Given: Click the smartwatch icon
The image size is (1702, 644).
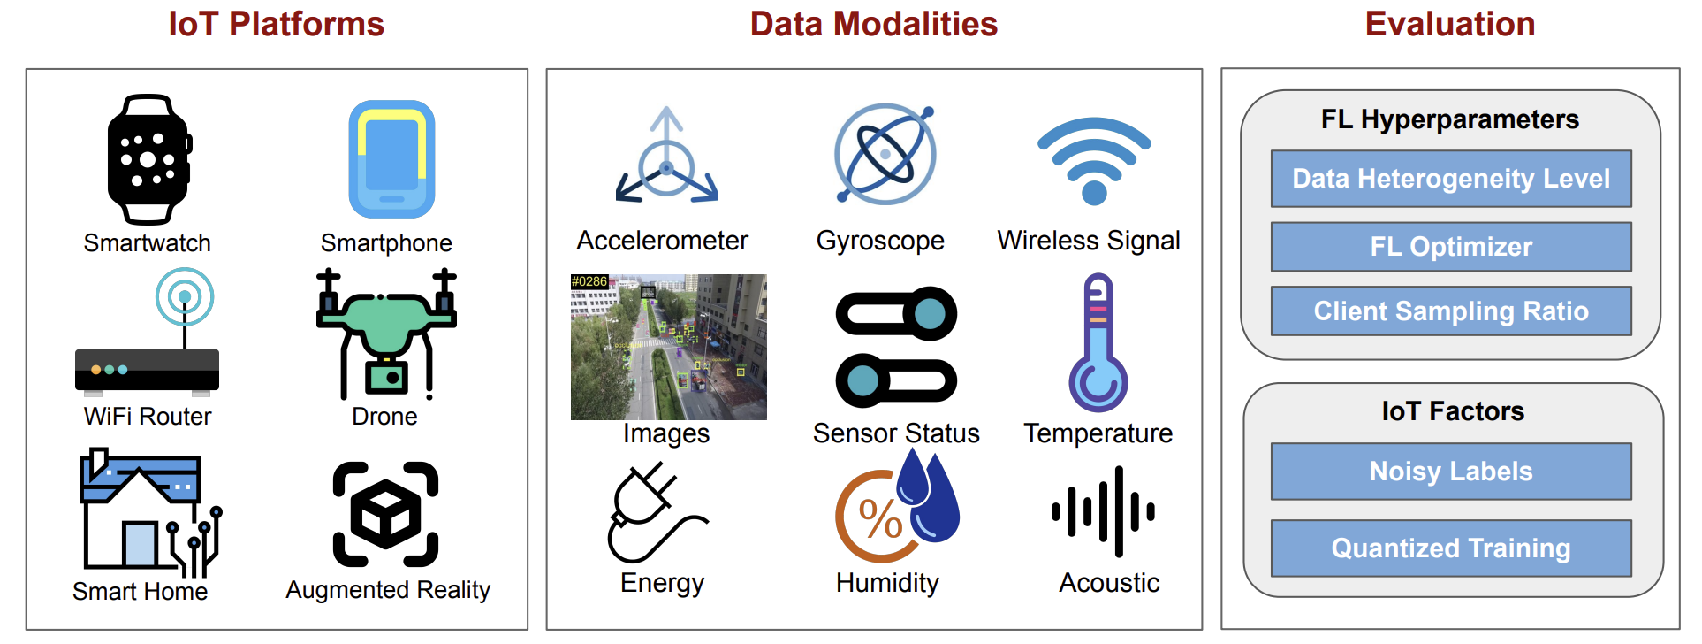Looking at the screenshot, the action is (x=148, y=159).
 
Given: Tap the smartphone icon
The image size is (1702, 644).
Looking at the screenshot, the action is (x=391, y=159).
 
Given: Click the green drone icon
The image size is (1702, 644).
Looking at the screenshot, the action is (x=387, y=333).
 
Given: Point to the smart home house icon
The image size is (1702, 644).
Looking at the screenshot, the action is (x=149, y=511).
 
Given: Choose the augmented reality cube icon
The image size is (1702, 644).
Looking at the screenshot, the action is (x=386, y=514).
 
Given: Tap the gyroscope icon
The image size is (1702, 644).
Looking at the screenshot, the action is (x=885, y=154).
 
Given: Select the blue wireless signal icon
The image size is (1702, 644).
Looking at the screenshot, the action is (x=1094, y=160).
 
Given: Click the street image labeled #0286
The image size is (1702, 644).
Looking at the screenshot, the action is (x=669, y=347).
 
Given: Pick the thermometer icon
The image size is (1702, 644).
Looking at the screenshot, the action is (x=1098, y=342).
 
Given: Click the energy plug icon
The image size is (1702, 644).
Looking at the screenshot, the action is (x=657, y=513).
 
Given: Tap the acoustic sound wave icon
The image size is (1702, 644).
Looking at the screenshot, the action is (x=1104, y=512).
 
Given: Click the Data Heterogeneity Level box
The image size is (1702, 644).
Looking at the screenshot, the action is (x=1451, y=179).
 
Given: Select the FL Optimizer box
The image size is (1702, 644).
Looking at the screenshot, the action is (x=1451, y=247).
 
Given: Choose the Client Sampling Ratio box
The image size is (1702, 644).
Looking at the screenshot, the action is (x=1451, y=310).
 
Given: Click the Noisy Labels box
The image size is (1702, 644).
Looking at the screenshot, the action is (x=1451, y=471).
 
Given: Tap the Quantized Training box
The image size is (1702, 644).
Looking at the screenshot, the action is (x=1451, y=548).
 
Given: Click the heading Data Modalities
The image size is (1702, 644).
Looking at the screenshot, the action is (x=873, y=24).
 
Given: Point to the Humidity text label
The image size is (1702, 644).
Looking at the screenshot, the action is (x=887, y=583).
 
